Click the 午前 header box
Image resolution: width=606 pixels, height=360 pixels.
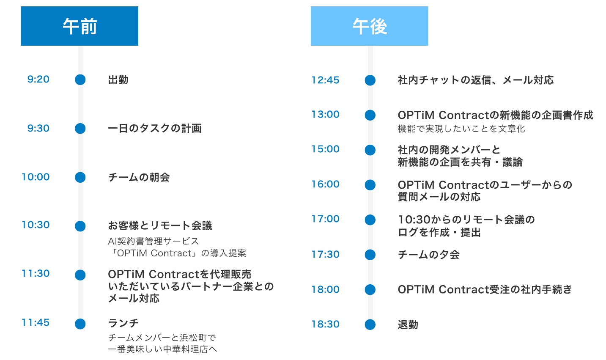tap(80, 26)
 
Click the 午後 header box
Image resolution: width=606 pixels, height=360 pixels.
tap(369, 26)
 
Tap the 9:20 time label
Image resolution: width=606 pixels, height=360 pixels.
tap(38, 79)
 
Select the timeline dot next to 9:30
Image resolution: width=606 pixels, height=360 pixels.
tap(80, 128)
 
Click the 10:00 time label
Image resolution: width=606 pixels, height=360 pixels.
tap(36, 177)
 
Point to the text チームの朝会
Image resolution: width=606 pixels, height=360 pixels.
tap(139, 177)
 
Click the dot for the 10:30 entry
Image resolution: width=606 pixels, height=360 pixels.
tap(80, 226)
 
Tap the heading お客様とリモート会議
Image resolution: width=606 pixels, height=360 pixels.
tap(160, 225)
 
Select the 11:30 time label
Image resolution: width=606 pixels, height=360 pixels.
tap(36, 274)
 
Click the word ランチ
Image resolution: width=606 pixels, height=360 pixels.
tap(123, 323)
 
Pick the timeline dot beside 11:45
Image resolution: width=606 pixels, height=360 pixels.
tap(80, 324)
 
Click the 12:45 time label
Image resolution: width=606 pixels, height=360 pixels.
tap(326, 80)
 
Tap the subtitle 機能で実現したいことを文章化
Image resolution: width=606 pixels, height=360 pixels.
tap(461, 129)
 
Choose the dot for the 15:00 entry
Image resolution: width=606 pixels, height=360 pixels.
tap(370, 150)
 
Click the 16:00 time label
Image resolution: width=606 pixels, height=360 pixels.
tap(326, 184)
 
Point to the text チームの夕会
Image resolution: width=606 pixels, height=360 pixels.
tap(429, 255)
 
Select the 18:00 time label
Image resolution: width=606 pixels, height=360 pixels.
tap(326, 290)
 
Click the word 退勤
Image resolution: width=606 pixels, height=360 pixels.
tap(408, 324)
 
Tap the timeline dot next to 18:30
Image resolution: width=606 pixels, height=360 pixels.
tap(370, 324)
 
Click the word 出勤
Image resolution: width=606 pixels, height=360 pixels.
tap(118, 80)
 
